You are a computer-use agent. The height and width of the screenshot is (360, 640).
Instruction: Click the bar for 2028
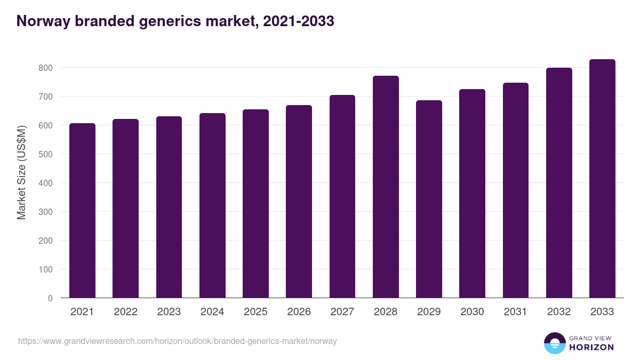(x=386, y=187)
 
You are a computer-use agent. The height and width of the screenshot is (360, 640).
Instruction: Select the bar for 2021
(x=82, y=211)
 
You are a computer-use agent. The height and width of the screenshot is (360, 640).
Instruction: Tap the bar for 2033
(x=602, y=179)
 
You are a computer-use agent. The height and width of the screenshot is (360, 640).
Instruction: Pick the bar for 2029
(x=429, y=199)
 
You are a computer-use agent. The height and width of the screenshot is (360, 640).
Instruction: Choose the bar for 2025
(x=255, y=204)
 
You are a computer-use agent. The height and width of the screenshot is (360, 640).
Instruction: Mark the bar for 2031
(x=515, y=190)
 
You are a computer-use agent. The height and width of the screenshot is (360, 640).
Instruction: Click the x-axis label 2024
(x=212, y=312)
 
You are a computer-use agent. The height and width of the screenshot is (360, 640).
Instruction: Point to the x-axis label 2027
(x=342, y=312)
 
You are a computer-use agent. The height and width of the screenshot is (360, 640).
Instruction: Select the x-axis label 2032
(x=559, y=312)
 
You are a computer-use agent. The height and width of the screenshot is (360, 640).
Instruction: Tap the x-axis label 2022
(x=125, y=312)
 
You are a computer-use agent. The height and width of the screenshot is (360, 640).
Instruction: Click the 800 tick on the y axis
(x=46, y=68)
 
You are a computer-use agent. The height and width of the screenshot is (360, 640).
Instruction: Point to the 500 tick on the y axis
(x=46, y=154)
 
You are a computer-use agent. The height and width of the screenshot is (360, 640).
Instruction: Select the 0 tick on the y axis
(x=51, y=298)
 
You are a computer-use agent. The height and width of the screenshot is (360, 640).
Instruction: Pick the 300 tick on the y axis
(x=46, y=212)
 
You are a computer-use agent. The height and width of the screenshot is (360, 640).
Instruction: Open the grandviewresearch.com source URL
(x=178, y=341)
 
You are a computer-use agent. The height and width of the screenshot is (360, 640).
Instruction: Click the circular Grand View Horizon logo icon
(x=554, y=343)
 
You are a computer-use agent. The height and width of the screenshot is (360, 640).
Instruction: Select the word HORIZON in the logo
(x=591, y=347)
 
